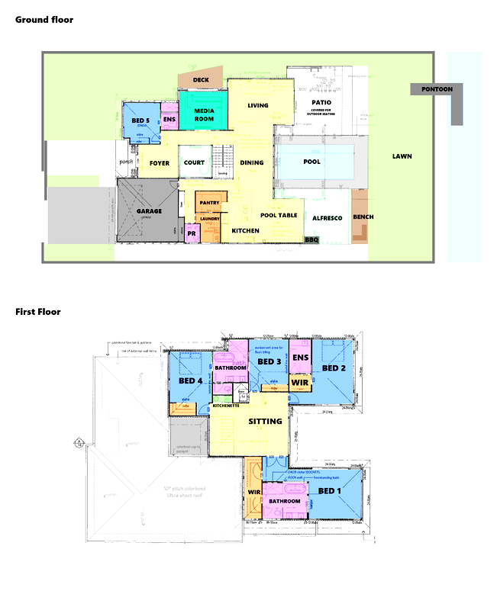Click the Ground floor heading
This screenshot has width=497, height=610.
pos(44,20)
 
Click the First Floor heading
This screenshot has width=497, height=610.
pos(38,312)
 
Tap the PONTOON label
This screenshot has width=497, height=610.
pos(436,89)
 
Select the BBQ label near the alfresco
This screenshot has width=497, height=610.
pos(311,239)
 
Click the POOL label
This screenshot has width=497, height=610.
pos(311,162)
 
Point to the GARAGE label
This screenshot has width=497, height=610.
pos(149,210)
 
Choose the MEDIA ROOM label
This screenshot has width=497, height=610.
pos(204,114)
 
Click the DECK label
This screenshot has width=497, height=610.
pos(201,79)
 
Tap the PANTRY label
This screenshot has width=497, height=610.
pos(209,202)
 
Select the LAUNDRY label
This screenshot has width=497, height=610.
pos(210,219)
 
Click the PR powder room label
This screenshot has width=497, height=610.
pos(192,234)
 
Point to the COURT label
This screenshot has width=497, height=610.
pos(194,162)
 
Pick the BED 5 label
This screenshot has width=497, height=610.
pos(140,120)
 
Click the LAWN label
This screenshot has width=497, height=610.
pos(402,156)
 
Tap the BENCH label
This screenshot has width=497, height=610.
pos(363,217)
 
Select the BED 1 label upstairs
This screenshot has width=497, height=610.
pos(330,490)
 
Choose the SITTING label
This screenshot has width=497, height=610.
pos(266,421)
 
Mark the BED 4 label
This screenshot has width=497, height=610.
pos(190,380)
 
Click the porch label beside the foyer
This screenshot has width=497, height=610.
pos(126,162)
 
